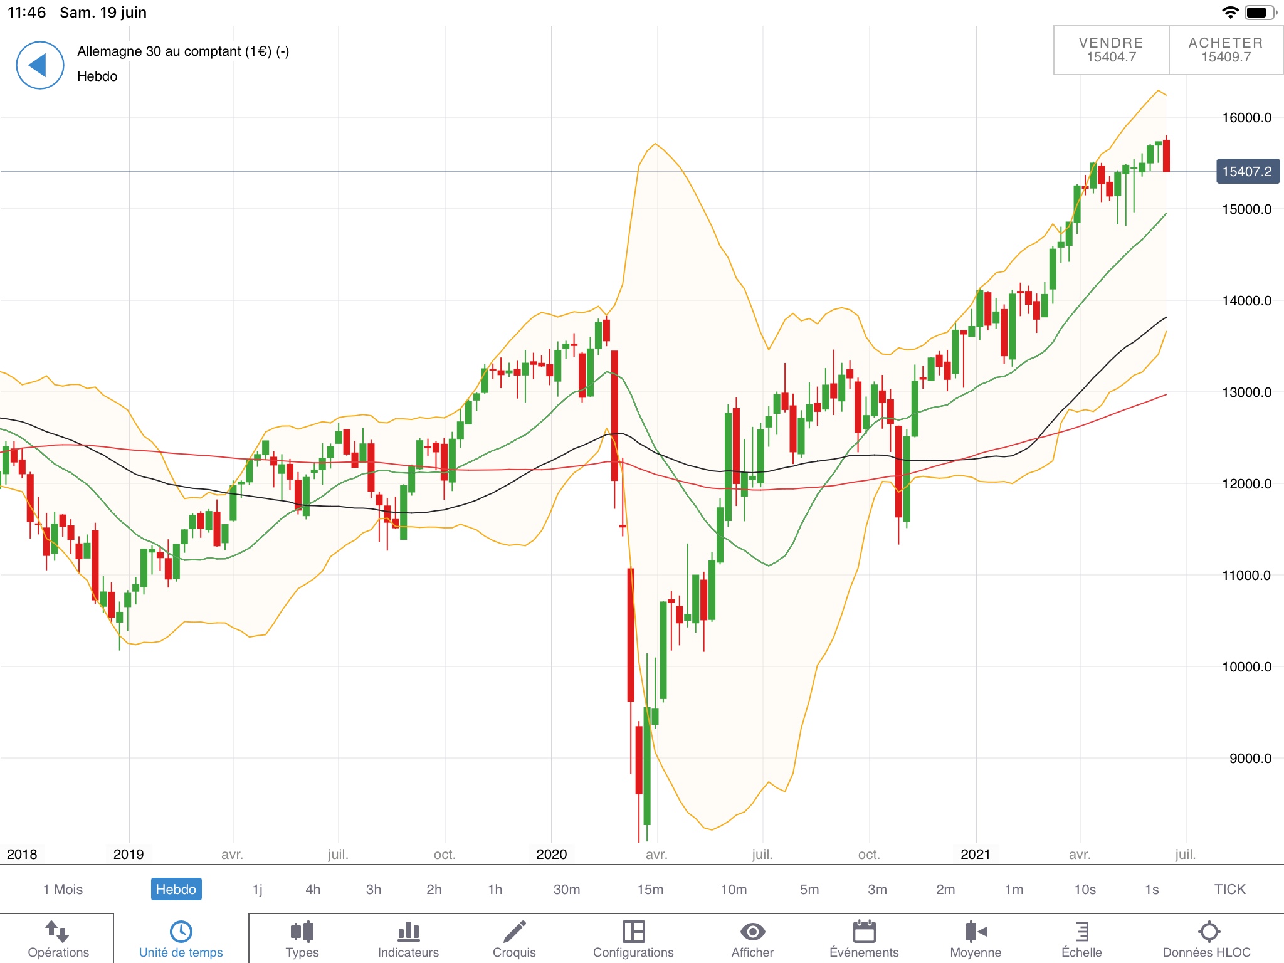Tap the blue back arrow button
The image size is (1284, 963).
(39, 65)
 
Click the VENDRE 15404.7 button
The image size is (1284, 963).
(1111, 50)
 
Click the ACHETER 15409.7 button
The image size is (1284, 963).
(1226, 50)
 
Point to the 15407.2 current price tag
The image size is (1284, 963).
(1246, 171)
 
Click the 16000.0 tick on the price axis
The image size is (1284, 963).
(1246, 118)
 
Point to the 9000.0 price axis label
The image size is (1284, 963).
(1250, 759)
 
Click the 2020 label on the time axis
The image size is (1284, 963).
(551, 854)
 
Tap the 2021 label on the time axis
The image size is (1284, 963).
(975, 854)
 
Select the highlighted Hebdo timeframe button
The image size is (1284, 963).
(176, 889)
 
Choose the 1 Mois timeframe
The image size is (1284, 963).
(63, 889)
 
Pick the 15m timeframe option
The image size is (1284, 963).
(650, 889)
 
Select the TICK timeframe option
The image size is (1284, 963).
(1229, 889)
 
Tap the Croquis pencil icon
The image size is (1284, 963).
(514, 931)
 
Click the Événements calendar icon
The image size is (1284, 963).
(864, 931)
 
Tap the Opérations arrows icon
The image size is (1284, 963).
(58, 931)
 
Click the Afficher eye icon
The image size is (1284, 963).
(752, 931)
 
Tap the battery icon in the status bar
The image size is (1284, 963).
(1258, 13)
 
